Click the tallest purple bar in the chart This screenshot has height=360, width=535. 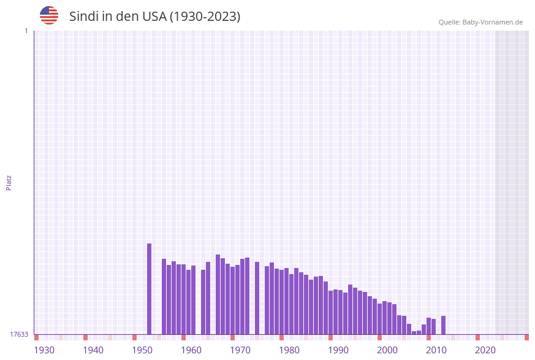(149, 289)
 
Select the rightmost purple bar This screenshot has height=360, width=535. (443, 325)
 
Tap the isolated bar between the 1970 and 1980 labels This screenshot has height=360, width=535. (257, 298)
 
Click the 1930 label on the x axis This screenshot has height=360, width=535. (44, 350)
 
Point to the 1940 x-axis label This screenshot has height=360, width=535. (93, 350)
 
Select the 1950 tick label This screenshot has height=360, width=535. (142, 350)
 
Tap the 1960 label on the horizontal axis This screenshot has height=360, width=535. (191, 350)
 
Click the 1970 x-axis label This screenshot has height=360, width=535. (240, 350)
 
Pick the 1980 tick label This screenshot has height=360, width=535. (289, 350)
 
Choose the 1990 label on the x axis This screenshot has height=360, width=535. (338, 350)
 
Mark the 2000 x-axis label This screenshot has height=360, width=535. (387, 350)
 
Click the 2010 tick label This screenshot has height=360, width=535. (436, 350)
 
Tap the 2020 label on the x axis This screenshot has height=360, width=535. (485, 350)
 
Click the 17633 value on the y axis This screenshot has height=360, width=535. (19, 334)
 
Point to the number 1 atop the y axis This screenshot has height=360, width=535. (26, 31)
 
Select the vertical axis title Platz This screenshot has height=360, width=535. (9, 183)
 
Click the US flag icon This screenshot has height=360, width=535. (49, 15)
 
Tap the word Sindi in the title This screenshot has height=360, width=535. (84, 17)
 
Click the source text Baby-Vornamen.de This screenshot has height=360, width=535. (493, 22)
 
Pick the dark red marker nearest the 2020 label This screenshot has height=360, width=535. (477, 337)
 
